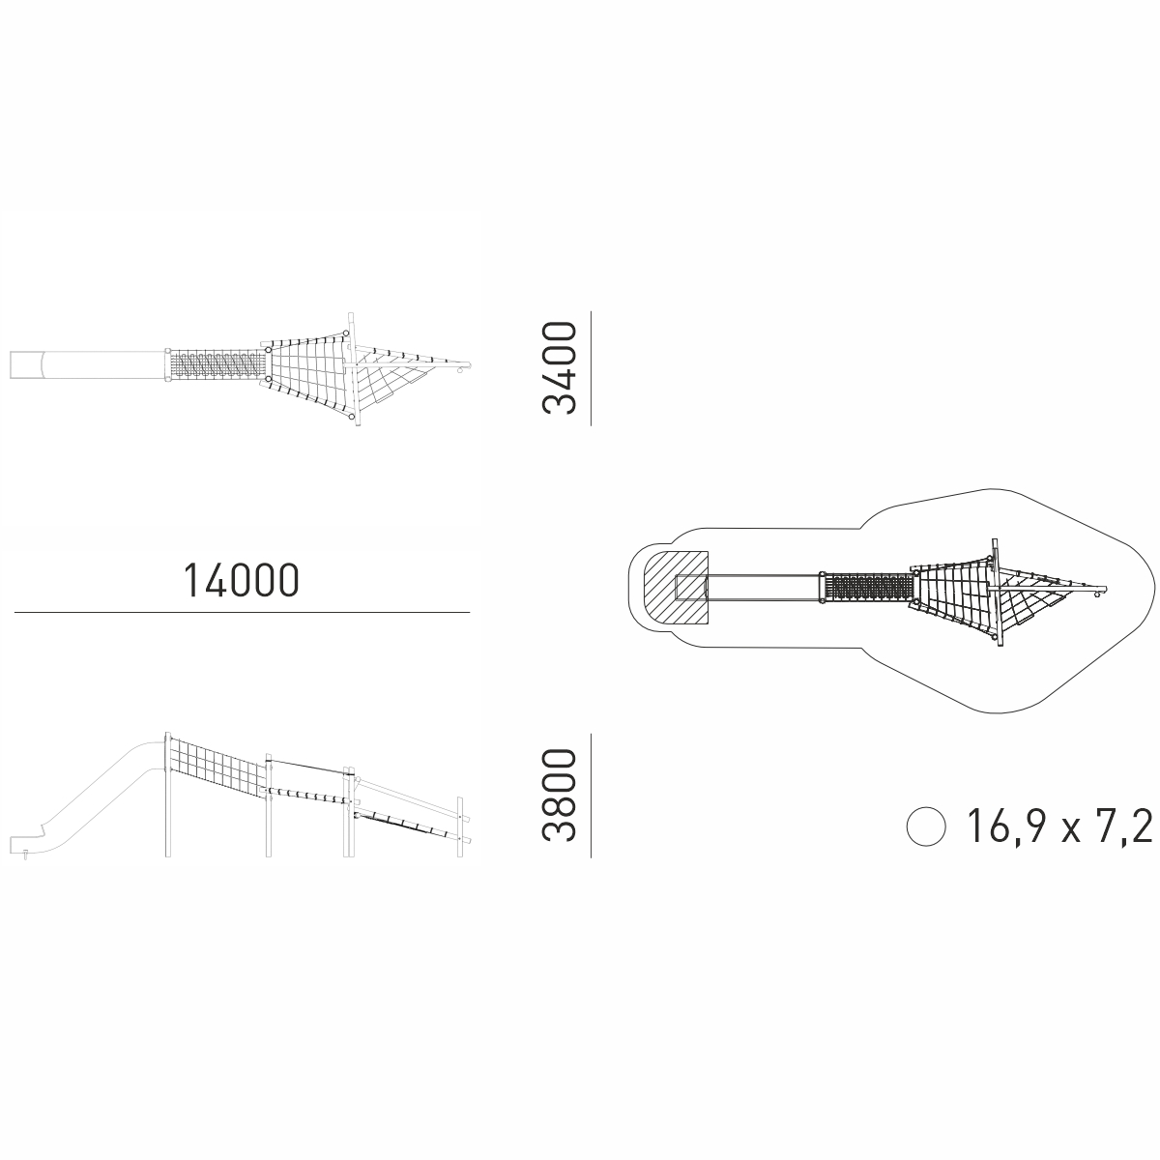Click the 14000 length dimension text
click(x=242, y=580)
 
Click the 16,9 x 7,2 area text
click(x=1058, y=827)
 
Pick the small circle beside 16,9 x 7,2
click(x=926, y=826)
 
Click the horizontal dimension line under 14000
click(x=242, y=613)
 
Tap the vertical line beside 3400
click(x=592, y=368)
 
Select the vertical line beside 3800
click(x=592, y=796)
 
